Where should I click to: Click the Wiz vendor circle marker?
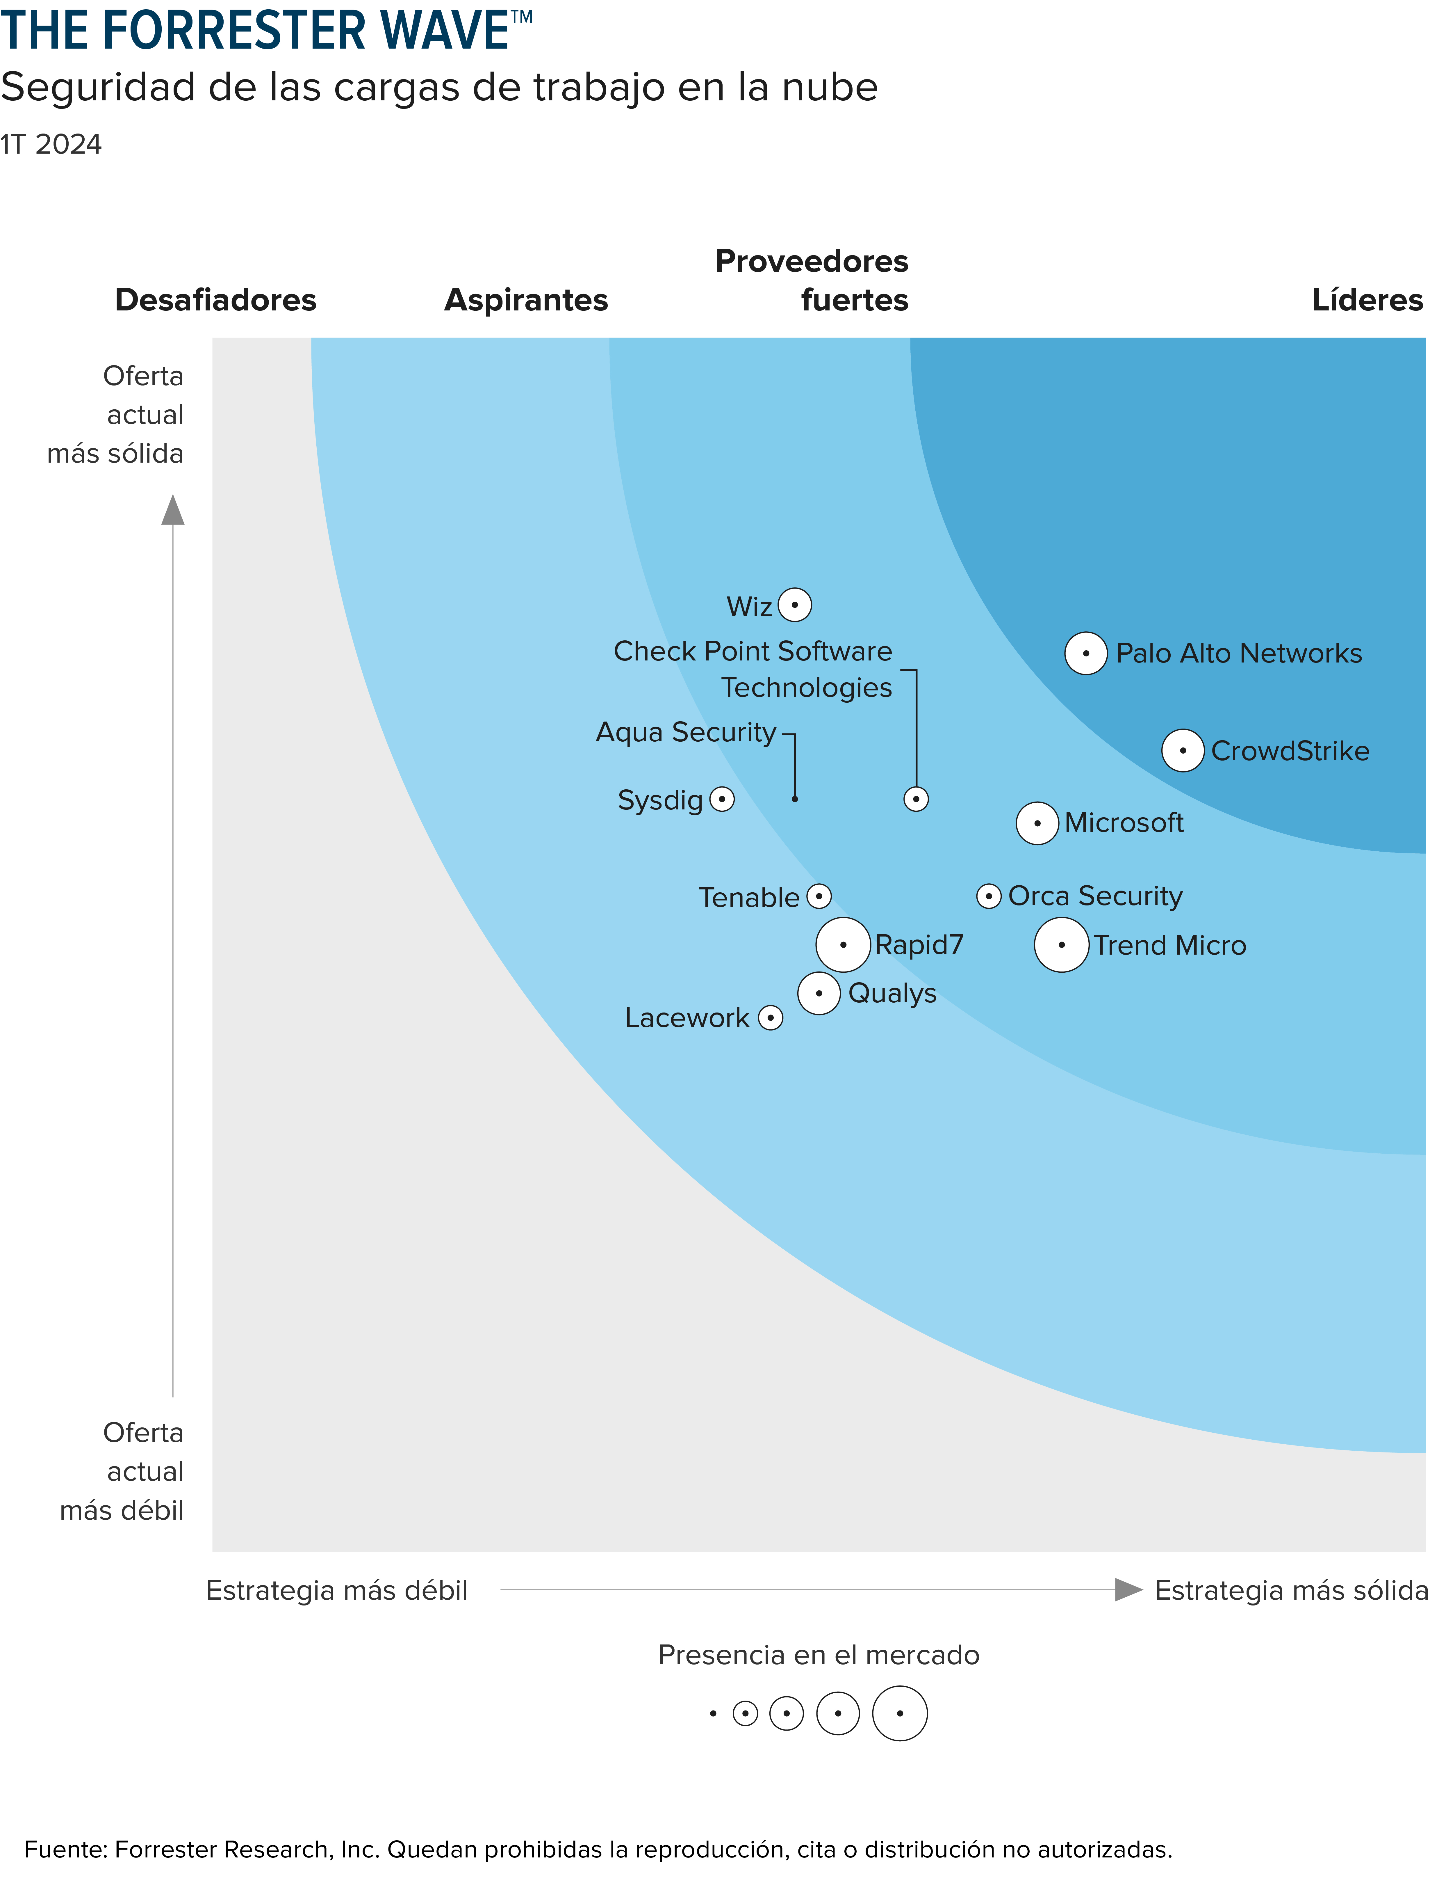tap(794, 605)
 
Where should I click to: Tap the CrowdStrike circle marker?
tap(1183, 751)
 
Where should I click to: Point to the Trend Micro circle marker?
tap(1061, 945)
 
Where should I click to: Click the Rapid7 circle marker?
tap(843, 945)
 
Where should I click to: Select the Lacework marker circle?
tap(771, 1017)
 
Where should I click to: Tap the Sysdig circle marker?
tap(722, 800)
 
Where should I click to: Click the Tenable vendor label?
tap(748, 898)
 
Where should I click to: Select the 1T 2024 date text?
tap(51, 144)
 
